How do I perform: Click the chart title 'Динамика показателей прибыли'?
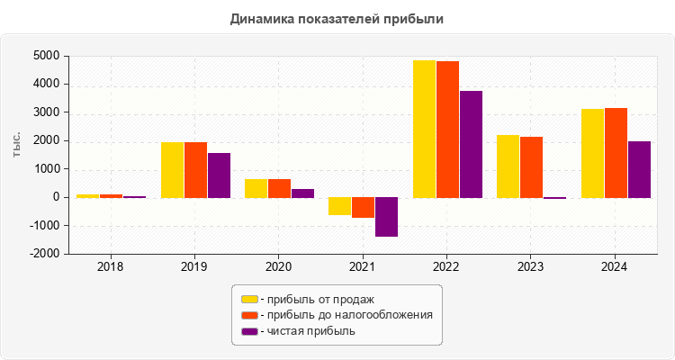tap(337, 18)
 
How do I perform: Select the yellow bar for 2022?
tap(424, 129)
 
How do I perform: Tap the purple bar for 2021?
tap(387, 217)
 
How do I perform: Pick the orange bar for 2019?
tap(195, 170)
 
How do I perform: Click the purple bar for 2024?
tap(639, 169)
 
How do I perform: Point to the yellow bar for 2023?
tap(508, 166)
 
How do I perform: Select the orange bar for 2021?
tap(364, 208)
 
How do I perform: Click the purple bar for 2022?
tap(472, 144)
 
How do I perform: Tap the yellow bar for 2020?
tap(256, 188)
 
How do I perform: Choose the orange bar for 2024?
tap(616, 153)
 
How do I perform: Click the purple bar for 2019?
tap(219, 175)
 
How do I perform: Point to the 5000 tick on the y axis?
tap(47, 56)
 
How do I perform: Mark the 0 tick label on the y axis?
tap(56, 197)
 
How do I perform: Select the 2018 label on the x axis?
tap(110, 267)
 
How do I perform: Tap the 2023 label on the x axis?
tap(531, 267)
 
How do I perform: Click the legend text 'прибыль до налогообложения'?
tap(346, 315)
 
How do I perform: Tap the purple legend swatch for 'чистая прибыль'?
tap(249, 331)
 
